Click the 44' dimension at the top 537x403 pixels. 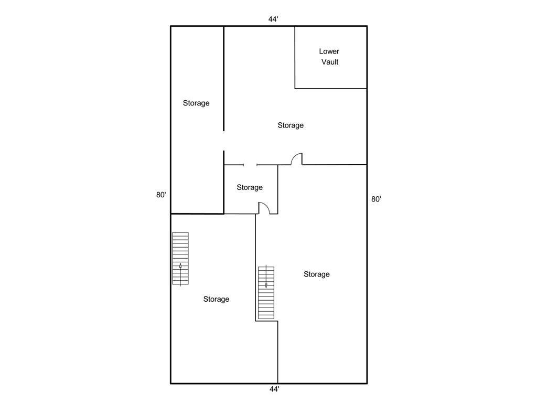point(273,19)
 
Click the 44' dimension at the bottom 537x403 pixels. point(274,389)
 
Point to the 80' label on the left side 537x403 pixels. point(161,195)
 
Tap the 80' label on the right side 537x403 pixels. point(376,199)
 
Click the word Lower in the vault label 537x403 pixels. point(329,51)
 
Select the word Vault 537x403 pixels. point(330,62)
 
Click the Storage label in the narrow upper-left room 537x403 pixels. point(196,103)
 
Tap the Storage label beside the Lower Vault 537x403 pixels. point(291,125)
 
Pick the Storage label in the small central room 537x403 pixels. point(250,187)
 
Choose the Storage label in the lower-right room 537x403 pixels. point(317,274)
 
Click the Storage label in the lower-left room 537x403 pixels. point(217,299)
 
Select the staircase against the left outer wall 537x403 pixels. point(180,258)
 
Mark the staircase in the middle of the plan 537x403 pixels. point(266,293)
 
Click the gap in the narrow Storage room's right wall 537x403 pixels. point(223,141)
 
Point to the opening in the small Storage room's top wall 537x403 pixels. point(250,165)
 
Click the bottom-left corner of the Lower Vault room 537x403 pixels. point(295,88)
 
